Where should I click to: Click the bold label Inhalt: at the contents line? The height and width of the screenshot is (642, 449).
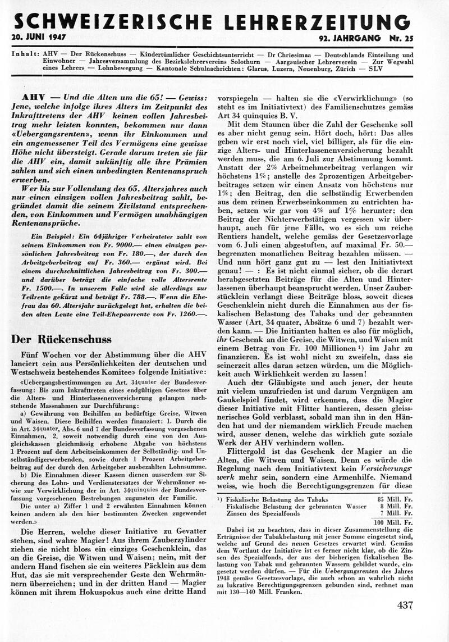24,55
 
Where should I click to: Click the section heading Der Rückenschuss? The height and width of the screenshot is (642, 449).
61,339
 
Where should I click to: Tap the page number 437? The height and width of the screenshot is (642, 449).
405,605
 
